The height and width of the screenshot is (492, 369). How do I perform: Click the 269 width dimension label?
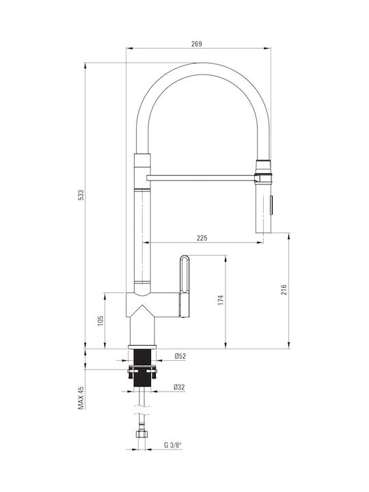point(197,44)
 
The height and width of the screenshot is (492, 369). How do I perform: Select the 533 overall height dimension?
point(81,195)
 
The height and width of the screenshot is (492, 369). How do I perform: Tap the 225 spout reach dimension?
point(202,238)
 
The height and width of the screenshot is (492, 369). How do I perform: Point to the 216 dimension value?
point(284,289)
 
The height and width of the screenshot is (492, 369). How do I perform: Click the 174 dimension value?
point(221,300)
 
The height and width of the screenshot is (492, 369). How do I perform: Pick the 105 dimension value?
point(100,320)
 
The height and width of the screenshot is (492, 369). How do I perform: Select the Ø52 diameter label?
point(180,356)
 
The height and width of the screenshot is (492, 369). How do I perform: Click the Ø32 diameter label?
point(179,387)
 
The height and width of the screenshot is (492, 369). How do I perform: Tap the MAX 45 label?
point(81,398)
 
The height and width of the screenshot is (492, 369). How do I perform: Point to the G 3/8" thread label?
point(173,445)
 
